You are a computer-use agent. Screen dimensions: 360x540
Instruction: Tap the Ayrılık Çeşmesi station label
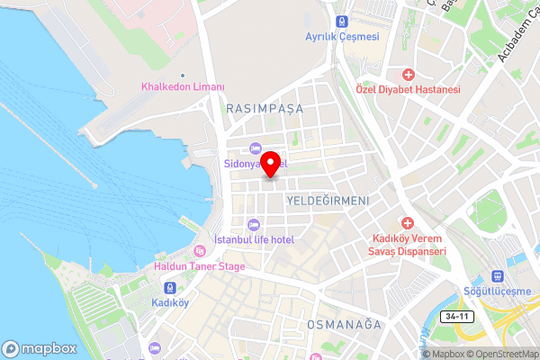tap(342, 37)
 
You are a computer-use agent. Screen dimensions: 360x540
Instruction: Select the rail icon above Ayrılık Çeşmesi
tap(342, 21)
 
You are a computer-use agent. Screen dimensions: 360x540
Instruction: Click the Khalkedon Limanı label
tap(183, 87)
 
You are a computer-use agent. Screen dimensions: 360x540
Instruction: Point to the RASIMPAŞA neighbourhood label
tap(265, 108)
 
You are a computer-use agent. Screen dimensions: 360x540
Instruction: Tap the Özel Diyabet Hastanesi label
tap(420, 90)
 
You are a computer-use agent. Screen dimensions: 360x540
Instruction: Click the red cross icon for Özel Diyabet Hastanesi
tap(409, 74)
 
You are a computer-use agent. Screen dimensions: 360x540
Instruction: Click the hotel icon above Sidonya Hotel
tap(255, 148)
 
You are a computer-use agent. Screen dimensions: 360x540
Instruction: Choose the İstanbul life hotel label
tap(255, 238)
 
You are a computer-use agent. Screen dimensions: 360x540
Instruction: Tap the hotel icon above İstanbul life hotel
tap(253, 223)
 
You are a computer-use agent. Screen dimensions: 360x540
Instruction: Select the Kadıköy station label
tap(170, 302)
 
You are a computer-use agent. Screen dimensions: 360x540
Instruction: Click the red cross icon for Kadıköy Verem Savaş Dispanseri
tap(409, 222)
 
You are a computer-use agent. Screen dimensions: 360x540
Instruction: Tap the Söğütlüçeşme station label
tap(497, 292)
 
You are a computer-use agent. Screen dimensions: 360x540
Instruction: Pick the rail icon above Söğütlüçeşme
tap(496, 276)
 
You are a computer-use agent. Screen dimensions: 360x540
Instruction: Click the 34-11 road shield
tap(456, 317)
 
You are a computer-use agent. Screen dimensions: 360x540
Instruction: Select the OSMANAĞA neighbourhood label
tap(344, 323)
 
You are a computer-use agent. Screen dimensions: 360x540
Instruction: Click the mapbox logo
tap(39, 348)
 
